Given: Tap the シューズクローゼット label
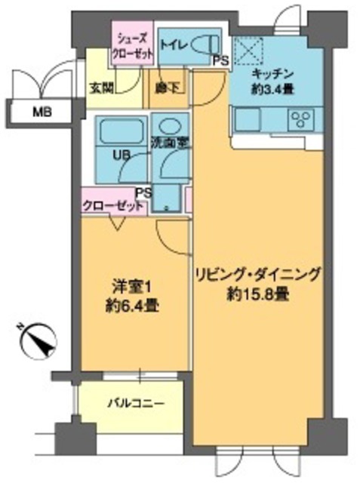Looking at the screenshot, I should [x=134, y=47].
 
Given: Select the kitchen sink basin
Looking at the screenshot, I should [x=248, y=119].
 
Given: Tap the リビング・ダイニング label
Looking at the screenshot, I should [x=258, y=273].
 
